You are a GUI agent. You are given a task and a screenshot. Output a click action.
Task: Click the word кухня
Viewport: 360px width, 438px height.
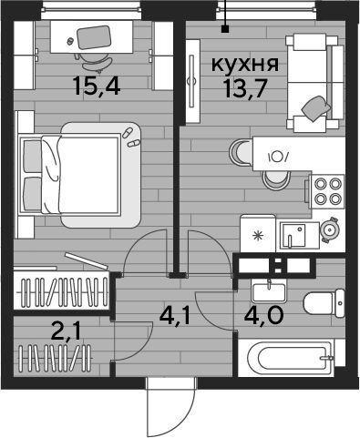point(244,65)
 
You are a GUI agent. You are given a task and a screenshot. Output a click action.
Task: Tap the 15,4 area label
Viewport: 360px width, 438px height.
point(97,86)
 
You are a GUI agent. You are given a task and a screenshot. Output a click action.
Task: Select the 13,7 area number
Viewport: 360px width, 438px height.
point(244,89)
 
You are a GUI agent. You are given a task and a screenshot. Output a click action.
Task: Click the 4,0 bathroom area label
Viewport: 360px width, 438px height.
point(263,315)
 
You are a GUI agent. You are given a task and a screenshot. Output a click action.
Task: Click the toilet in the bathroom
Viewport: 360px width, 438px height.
point(324,303)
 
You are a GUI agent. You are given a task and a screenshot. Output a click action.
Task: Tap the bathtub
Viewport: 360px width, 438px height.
point(291,358)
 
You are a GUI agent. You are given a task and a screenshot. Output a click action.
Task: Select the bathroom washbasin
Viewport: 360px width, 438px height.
point(269,291)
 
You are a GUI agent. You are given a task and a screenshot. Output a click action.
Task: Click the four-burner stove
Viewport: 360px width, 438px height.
point(326,191)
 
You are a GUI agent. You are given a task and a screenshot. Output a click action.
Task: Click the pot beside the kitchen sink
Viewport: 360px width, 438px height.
point(330,229)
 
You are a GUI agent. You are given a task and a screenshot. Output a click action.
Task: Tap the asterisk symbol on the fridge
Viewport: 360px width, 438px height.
point(258,236)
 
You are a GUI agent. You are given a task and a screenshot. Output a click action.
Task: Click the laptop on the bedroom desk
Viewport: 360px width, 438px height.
point(93,37)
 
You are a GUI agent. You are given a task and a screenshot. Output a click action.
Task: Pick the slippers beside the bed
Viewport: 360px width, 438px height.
point(130,138)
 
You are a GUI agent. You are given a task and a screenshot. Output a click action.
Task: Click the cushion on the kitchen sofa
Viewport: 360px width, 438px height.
point(316,108)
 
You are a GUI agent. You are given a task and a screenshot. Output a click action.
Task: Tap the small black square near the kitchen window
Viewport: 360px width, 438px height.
point(225,29)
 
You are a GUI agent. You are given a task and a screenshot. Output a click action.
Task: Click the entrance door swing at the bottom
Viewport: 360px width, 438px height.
point(170,408)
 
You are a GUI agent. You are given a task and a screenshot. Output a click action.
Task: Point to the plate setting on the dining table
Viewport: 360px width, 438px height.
point(278,157)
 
